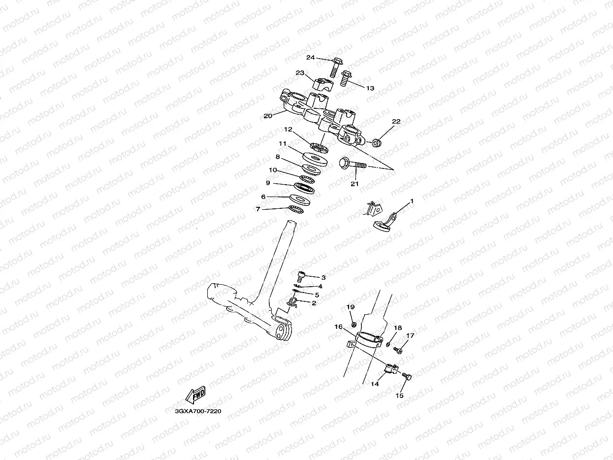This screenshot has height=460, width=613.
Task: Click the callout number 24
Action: point(310,58)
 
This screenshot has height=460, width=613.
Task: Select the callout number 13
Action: point(370,88)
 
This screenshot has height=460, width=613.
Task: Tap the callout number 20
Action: point(268,116)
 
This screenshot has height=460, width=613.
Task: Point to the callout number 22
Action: point(396,122)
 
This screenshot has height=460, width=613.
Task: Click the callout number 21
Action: point(355,184)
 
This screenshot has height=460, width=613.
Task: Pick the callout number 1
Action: point(412,201)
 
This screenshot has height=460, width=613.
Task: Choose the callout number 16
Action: point(339,327)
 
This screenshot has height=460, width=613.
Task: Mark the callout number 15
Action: point(399,395)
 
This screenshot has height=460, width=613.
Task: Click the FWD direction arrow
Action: point(195,394)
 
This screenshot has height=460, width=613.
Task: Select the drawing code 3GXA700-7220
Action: point(194,410)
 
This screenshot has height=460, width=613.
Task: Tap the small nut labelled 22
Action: point(377,143)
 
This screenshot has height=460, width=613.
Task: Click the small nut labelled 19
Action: point(354,325)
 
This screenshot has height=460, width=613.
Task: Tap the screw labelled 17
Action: point(398,351)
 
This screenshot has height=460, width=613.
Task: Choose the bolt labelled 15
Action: point(406,377)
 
